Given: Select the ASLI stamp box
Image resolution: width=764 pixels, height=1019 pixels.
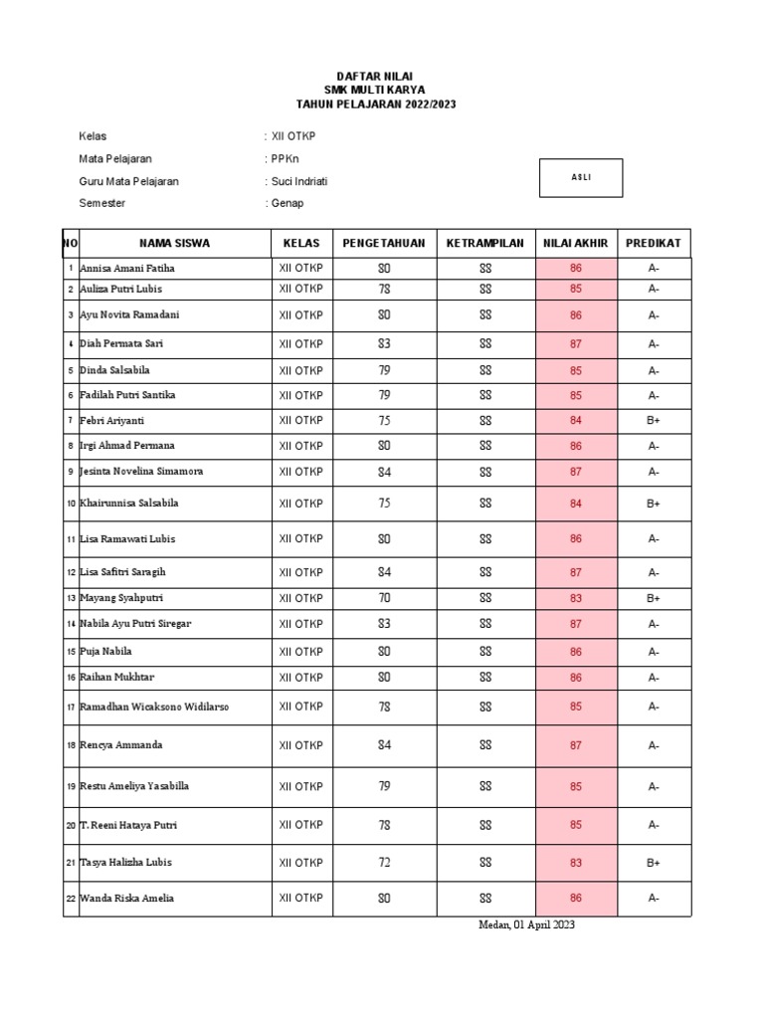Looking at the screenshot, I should [581, 177].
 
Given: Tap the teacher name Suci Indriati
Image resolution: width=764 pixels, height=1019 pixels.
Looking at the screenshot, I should [297, 181].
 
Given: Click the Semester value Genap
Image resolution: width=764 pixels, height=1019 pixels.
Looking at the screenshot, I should [286, 203].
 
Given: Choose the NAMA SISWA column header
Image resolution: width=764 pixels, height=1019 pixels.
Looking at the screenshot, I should [174, 243].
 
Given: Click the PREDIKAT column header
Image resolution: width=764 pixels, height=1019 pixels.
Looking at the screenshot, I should [654, 243].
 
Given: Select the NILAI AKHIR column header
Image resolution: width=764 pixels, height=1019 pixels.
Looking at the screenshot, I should [576, 243].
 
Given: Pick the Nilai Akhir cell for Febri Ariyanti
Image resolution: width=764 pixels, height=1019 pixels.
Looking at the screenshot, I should [576, 421].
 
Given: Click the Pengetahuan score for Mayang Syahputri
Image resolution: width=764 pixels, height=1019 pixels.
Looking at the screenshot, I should [384, 598].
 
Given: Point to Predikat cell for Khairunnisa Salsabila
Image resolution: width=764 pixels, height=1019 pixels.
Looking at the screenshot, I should [654, 504].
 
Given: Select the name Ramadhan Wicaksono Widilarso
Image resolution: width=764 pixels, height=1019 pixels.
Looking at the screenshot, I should [154, 707].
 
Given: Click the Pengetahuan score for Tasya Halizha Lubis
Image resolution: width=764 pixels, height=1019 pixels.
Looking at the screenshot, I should [384, 863].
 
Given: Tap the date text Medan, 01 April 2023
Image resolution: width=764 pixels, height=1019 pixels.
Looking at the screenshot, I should [526, 925].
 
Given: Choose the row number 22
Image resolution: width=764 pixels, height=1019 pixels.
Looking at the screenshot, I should [71, 899].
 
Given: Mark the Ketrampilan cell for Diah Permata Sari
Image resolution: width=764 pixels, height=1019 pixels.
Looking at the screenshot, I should [485, 343].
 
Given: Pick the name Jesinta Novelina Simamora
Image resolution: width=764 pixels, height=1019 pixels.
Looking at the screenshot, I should [146, 471].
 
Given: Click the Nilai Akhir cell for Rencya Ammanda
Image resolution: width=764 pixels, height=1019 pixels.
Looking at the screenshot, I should [576, 745].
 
